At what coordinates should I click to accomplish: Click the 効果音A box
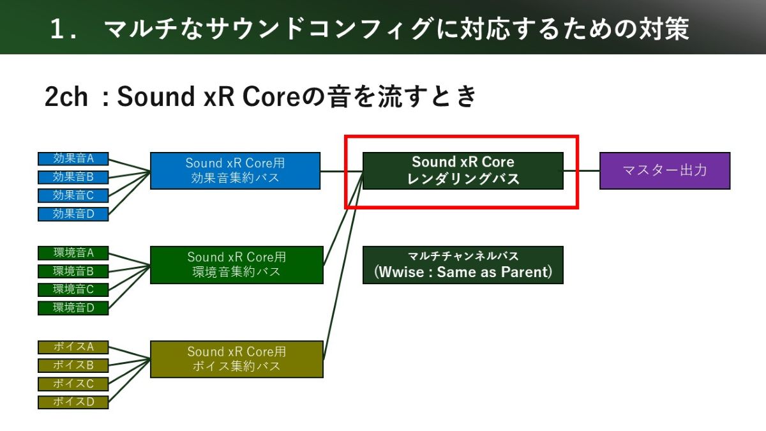tap(73, 159)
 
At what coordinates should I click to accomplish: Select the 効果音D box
tap(73, 214)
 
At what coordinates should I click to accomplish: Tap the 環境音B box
tap(73, 271)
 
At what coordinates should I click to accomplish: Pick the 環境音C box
tap(73, 290)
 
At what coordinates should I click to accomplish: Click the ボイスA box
tap(73, 347)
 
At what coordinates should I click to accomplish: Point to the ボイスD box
tap(73, 402)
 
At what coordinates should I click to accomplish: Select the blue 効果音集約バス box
tap(236, 170)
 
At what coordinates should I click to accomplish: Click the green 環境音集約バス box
tap(237, 265)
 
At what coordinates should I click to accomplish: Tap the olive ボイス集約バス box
tap(237, 359)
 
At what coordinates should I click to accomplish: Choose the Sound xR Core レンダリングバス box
tap(463, 170)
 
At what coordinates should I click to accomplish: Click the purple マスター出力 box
tap(665, 170)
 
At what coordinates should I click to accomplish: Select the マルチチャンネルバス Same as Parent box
tap(463, 265)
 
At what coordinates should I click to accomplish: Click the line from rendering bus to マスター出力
tap(582, 170)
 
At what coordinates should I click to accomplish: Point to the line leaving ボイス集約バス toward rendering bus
tap(343, 265)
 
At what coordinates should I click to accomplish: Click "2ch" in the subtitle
tap(66, 97)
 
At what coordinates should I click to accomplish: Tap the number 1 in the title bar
tap(58, 29)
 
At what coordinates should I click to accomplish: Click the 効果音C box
tap(73, 195)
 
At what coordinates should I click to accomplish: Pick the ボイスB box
tap(73, 366)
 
